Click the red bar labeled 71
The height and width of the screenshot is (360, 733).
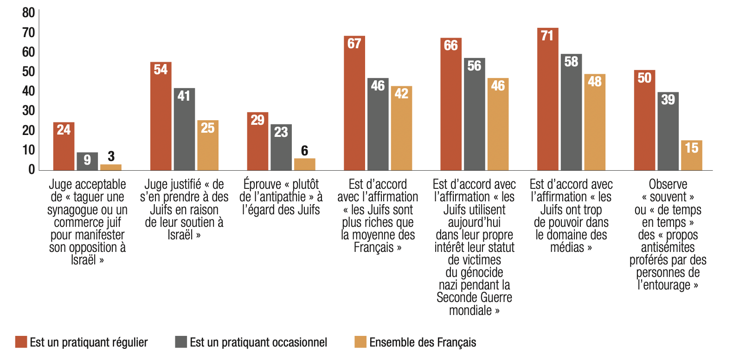(547, 99)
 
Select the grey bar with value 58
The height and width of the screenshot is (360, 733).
(571, 112)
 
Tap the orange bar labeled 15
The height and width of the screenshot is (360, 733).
(691, 155)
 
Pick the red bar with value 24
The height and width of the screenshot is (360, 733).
(64, 146)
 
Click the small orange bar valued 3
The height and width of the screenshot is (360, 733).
(111, 167)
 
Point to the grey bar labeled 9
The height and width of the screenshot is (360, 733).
(87, 161)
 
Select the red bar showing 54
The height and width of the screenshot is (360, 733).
(161, 116)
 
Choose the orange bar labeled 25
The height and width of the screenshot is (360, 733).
(207, 145)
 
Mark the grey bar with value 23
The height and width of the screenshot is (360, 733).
(281, 147)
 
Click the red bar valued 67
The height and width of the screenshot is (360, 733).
(354, 103)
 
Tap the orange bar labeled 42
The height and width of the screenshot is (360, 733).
(401, 128)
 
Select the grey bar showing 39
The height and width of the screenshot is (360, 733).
(668, 131)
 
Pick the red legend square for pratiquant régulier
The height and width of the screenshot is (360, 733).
(21, 342)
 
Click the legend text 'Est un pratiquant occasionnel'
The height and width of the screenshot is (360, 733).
(258, 342)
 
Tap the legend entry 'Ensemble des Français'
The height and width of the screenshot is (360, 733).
(423, 342)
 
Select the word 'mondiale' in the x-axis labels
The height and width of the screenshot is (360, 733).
(470, 310)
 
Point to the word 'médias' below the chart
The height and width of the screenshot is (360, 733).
(566, 247)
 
